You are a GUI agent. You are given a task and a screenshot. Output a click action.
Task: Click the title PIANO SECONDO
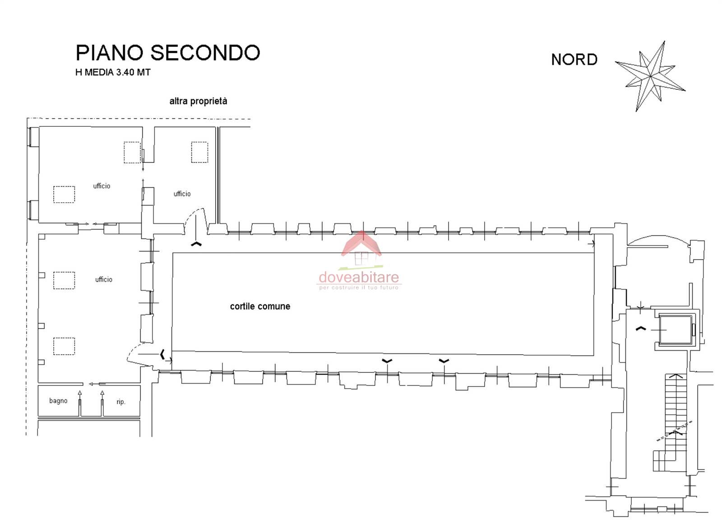(x=168, y=52)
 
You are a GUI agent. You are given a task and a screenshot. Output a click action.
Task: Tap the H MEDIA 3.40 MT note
(x=113, y=72)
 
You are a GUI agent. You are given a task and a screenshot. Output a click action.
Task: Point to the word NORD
(x=574, y=60)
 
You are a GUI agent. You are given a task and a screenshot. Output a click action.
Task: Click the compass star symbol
(x=650, y=76)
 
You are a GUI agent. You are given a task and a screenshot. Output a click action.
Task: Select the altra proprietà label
(x=198, y=101)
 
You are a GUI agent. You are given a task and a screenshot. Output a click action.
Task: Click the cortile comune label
(x=260, y=306)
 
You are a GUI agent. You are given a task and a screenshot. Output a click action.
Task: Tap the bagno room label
(x=58, y=401)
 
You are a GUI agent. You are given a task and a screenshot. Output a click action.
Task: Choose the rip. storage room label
(x=121, y=402)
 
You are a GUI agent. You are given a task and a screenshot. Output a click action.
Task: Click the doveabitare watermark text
(x=359, y=277)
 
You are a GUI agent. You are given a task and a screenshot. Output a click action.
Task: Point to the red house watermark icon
(x=361, y=248)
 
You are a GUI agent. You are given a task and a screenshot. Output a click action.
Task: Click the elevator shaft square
(x=675, y=330)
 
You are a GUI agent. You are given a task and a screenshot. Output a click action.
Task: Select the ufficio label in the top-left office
(x=102, y=186)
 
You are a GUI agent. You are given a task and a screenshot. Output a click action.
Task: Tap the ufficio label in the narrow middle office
(x=182, y=194)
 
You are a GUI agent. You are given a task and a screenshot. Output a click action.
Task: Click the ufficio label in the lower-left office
(x=104, y=279)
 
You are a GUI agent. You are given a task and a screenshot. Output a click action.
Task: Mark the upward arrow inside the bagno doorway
(x=80, y=403)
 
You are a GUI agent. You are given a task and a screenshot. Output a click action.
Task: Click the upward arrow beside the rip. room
(x=102, y=403)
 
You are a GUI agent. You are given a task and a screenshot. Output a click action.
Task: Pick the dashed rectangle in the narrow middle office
(x=199, y=152)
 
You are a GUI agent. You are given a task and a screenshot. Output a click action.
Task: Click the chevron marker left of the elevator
(x=641, y=329)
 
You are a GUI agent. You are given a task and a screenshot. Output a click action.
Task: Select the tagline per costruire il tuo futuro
(x=359, y=288)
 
